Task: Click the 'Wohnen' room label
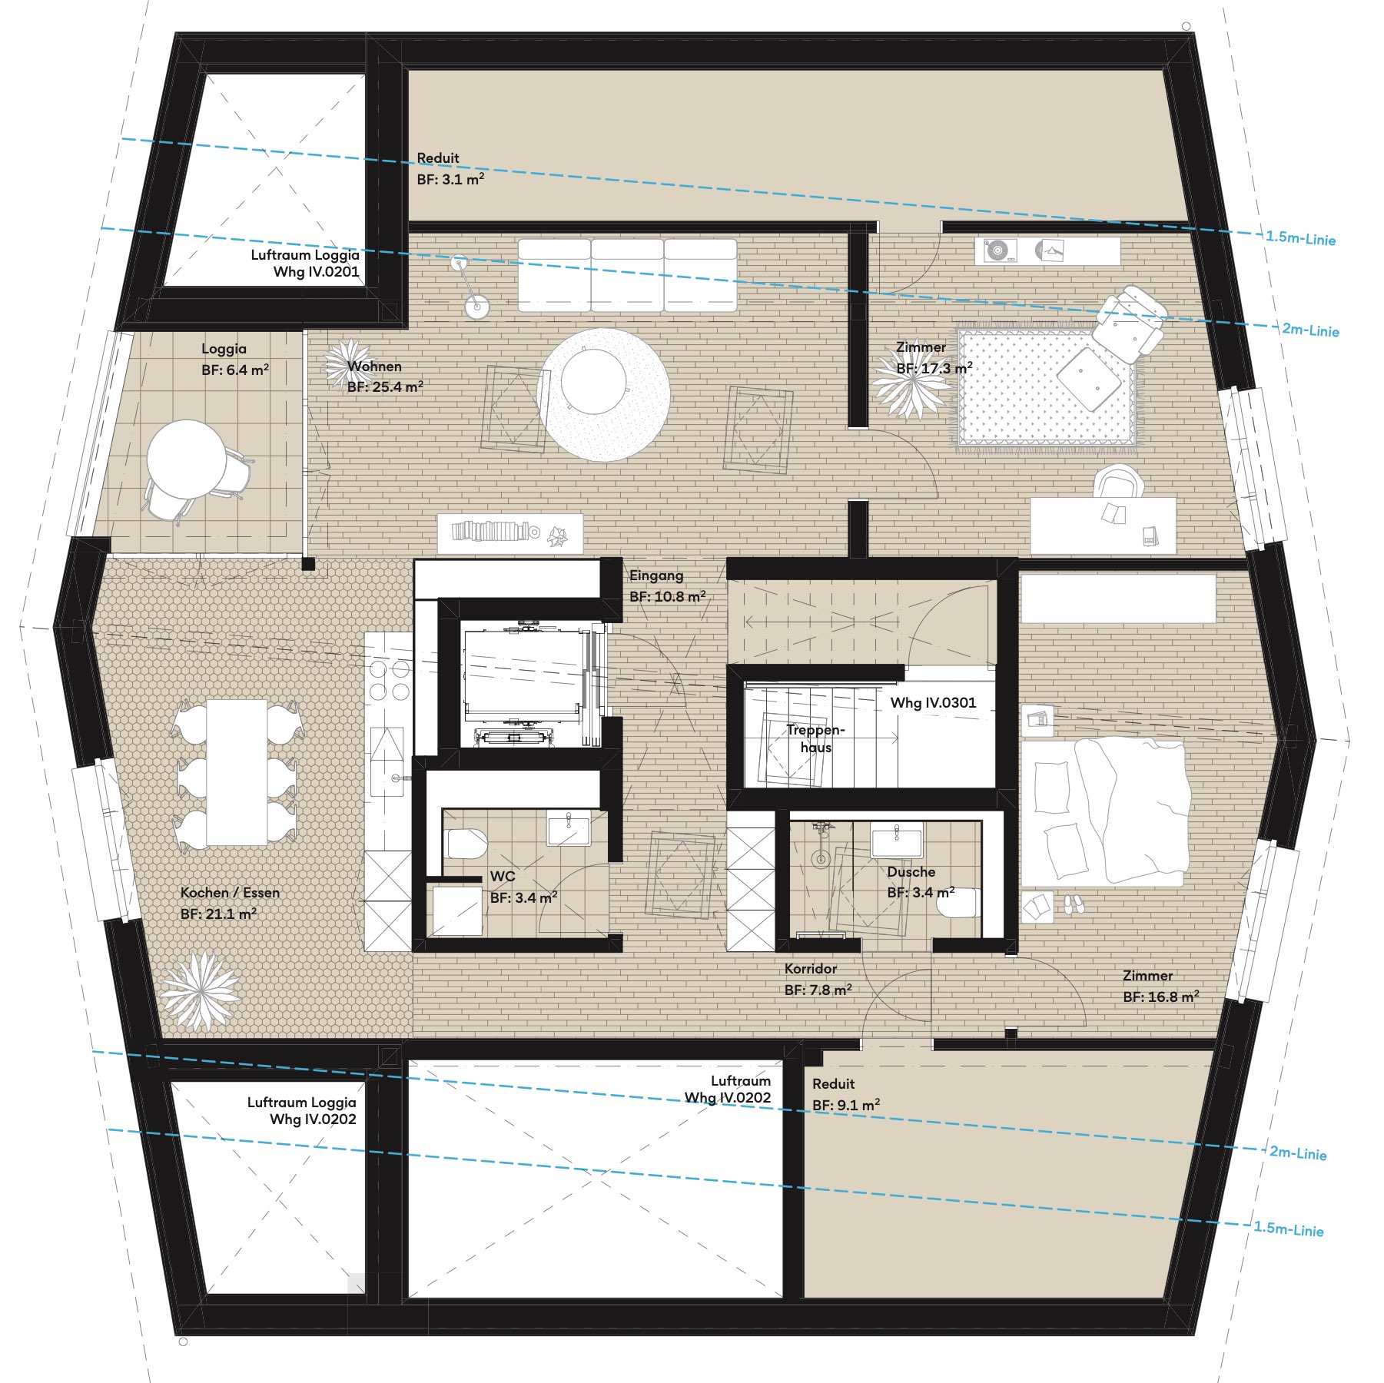tap(374, 366)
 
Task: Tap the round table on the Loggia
tap(187, 459)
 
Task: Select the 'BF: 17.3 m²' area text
tap(934, 368)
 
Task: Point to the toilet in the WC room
tap(466, 843)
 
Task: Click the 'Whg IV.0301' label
tap(933, 702)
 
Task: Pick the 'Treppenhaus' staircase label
tap(815, 738)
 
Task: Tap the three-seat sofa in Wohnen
tap(627, 275)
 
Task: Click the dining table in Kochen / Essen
tap(237, 772)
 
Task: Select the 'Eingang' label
tap(656, 575)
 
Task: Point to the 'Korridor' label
tap(811, 969)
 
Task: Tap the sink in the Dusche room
tap(896, 840)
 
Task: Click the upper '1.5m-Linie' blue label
tap(1301, 238)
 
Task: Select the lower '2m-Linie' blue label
tap(1298, 1152)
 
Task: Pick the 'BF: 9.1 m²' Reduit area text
tap(846, 1105)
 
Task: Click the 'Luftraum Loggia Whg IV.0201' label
tap(305, 263)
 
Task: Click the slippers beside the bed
tap(1074, 904)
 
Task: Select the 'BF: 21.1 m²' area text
tap(218, 914)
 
